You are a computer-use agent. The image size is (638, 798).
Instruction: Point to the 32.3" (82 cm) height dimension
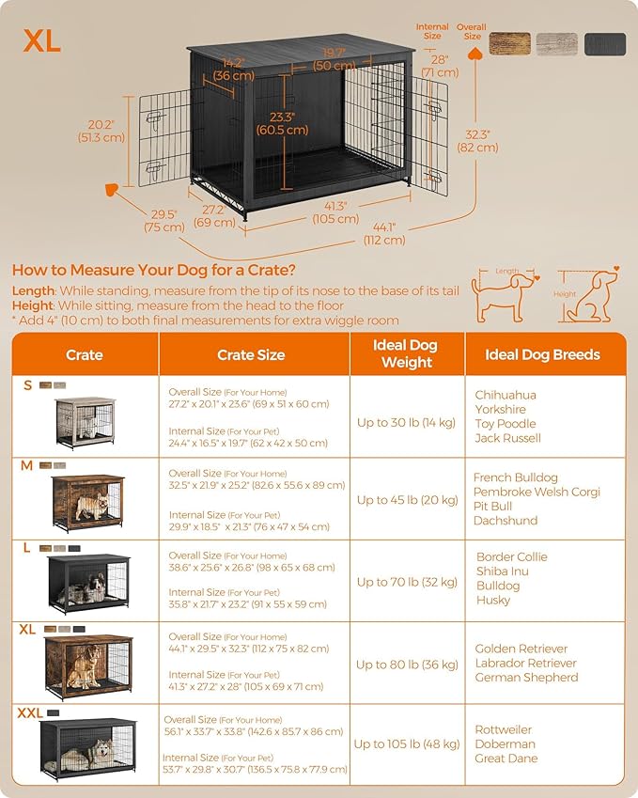click(478, 141)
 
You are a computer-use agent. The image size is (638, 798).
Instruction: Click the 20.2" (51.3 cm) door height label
click(101, 131)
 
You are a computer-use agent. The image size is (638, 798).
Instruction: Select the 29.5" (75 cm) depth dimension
click(163, 220)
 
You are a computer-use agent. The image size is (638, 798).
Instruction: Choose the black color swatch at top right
click(604, 44)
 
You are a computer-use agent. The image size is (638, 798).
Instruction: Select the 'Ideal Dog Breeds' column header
click(542, 354)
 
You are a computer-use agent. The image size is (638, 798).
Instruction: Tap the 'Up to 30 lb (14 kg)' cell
click(407, 423)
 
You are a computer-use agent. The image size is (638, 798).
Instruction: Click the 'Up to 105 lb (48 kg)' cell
click(407, 744)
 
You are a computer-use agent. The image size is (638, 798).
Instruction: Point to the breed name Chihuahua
click(506, 396)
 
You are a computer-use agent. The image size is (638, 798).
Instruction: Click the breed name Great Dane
click(506, 759)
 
